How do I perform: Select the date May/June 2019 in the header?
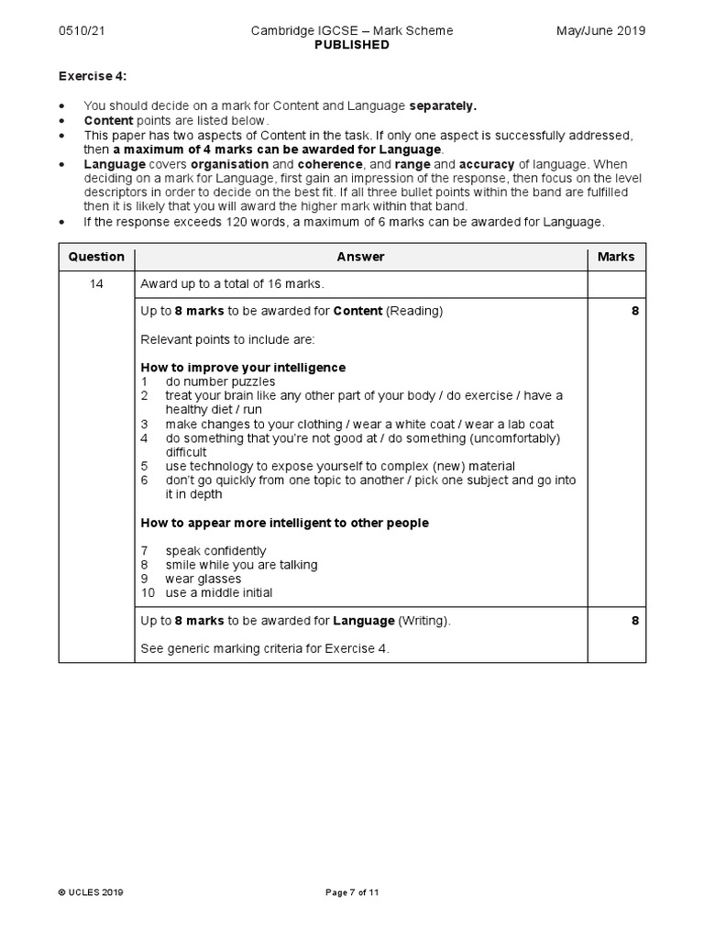[600, 31]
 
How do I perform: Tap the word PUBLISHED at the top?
[352, 45]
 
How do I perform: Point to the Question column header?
[96, 258]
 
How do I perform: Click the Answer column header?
[360, 258]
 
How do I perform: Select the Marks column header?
[615, 258]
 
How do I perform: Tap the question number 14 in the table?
[96, 284]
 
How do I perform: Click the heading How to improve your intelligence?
[243, 368]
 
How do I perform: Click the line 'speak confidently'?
[215, 551]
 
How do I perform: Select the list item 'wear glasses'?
[203, 579]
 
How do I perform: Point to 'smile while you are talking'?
[241, 565]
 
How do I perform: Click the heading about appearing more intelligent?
[284, 523]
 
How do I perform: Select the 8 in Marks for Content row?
[634, 312]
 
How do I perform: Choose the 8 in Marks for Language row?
[634, 621]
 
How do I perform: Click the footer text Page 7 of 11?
[352, 892]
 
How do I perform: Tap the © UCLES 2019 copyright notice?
[90, 892]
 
